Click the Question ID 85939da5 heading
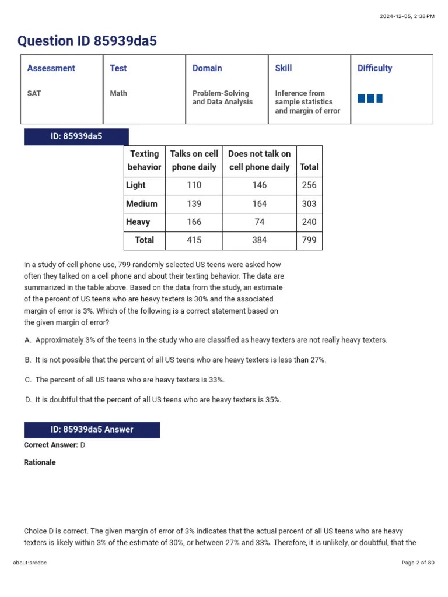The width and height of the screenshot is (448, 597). point(87,41)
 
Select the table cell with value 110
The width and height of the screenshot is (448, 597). point(194,185)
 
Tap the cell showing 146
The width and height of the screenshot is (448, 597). point(259,185)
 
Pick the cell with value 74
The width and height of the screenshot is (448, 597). point(259,222)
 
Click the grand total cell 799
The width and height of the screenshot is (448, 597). point(309,240)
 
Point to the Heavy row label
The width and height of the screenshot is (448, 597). point(138,222)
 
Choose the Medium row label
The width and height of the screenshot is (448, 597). point(142,204)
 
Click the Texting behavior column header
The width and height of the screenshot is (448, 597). point(144,160)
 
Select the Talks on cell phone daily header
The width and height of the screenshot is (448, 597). point(194,160)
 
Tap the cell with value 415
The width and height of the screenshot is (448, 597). point(194,240)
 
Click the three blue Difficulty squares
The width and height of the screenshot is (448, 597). point(370,98)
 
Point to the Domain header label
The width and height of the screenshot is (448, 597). point(207,68)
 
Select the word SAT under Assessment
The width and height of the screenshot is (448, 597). point(34,93)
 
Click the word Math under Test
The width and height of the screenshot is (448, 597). point(118,93)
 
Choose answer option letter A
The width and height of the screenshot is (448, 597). point(28,340)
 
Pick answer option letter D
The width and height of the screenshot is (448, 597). point(28,400)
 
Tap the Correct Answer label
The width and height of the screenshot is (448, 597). point(51,445)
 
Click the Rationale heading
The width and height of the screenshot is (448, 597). point(40,462)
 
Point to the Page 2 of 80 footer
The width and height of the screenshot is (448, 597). point(418,563)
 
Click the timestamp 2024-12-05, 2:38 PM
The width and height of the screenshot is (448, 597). point(407,16)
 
